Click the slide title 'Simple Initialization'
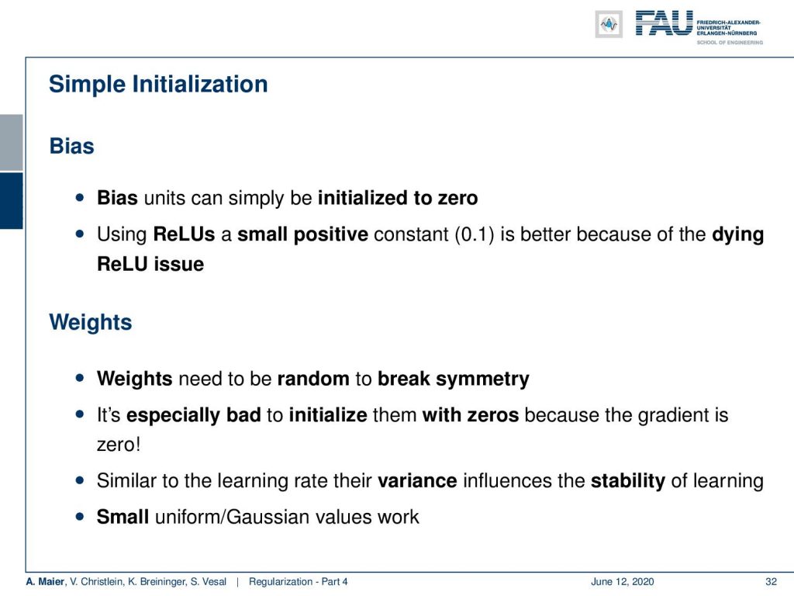click(x=158, y=85)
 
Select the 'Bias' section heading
click(x=71, y=146)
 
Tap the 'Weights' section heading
click(x=90, y=322)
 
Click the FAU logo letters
click(x=664, y=23)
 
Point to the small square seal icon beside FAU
click(x=609, y=24)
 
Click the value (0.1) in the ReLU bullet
click(x=474, y=234)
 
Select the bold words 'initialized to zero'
click(x=398, y=198)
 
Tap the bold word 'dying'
click(x=738, y=234)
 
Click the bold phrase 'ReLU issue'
click(x=150, y=264)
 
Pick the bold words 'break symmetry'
click(x=453, y=379)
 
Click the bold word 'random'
click(x=313, y=379)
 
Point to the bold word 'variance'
click(x=417, y=480)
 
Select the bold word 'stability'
click(x=628, y=481)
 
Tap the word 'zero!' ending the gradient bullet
click(x=119, y=445)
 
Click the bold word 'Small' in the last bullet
click(x=123, y=517)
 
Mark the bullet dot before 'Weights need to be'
click(x=80, y=378)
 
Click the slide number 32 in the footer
click(x=771, y=582)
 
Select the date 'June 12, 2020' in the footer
click(x=622, y=582)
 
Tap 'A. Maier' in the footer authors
click(x=45, y=582)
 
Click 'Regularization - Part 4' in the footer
click(x=299, y=582)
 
